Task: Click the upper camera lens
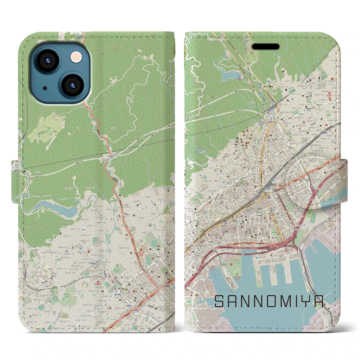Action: click(x=47, y=60)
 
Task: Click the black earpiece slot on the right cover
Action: click(x=265, y=47)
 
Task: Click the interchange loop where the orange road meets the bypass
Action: click(x=105, y=159)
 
